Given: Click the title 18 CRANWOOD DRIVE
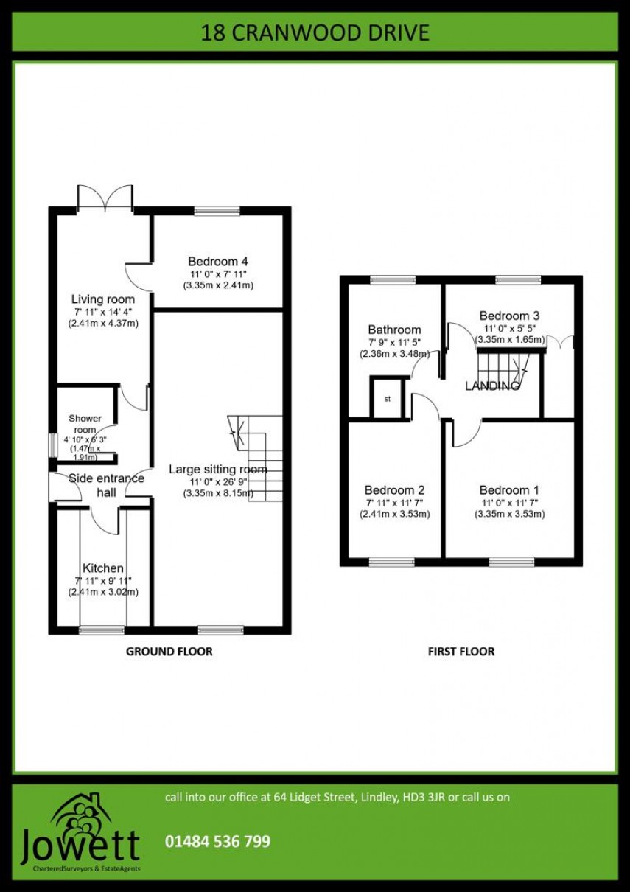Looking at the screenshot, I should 315,33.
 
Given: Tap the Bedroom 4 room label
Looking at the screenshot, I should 217,262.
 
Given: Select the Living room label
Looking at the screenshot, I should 103,299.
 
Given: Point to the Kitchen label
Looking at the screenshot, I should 103,568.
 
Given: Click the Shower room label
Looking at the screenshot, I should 85,424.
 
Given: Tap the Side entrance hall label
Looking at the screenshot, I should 106,484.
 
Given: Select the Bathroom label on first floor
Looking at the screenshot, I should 394,330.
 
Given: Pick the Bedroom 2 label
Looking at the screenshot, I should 394,490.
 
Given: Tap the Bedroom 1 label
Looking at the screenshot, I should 509,490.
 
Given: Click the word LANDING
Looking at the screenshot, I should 492,386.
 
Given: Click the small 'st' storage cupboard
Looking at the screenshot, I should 387,399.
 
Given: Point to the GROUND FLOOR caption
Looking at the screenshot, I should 169,652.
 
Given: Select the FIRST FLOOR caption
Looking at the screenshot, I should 461,652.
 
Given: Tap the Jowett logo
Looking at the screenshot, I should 80,834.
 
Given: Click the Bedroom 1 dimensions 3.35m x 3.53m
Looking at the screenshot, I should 509,515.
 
